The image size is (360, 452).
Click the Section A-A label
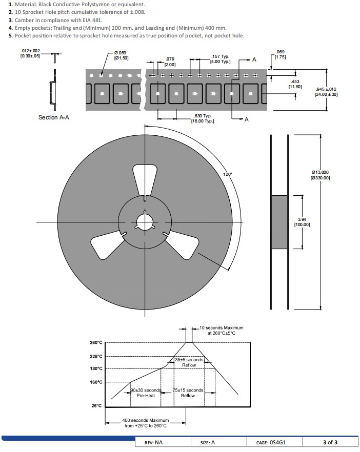[54, 117]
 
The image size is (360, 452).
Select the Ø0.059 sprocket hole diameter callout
[121, 55]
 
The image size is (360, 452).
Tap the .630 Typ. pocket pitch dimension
[203, 118]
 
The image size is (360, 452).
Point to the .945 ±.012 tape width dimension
[326, 92]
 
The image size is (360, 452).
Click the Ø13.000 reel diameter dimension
[320, 175]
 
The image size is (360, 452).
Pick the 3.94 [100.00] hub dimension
[302, 222]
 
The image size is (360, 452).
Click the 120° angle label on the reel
[227, 174]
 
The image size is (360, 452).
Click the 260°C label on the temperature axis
[96, 342]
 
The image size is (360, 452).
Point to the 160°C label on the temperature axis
[96, 382]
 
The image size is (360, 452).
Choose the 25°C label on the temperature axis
[96, 405]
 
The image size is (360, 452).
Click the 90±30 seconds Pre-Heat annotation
[146, 393]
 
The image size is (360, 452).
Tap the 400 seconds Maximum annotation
[146, 423]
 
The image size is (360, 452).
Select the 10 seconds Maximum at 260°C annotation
[221, 331]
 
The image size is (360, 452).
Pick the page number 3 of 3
[330, 442]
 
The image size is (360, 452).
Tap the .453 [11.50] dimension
[295, 84]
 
